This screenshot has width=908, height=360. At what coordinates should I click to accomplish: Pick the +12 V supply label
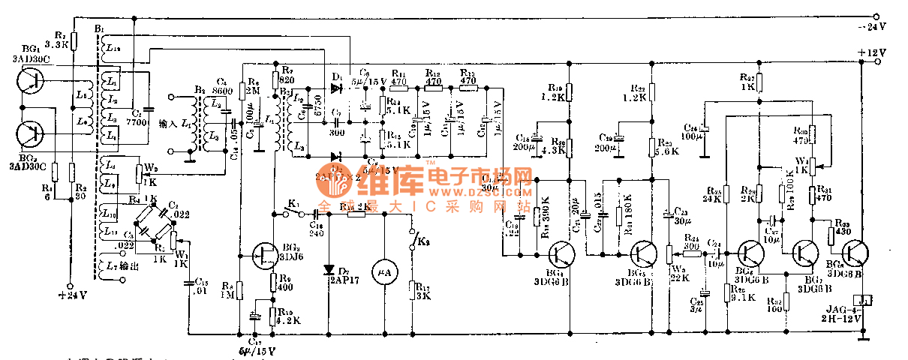(873, 52)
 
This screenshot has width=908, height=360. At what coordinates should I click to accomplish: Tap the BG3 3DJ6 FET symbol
(266, 255)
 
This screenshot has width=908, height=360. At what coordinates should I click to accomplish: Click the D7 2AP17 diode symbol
(329, 269)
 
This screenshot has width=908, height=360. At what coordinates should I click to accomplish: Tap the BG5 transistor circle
(643, 254)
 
